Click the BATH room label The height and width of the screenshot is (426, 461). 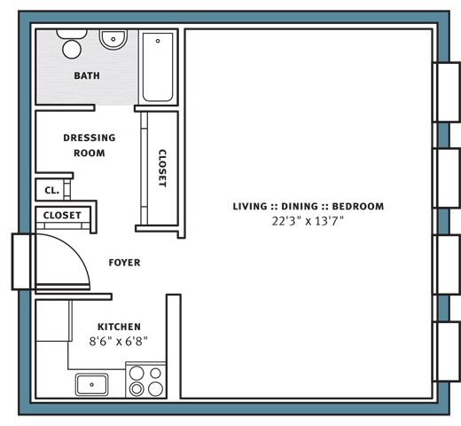click(x=87, y=75)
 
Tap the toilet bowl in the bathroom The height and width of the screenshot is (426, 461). click(x=72, y=49)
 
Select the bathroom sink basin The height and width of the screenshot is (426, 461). click(x=113, y=39)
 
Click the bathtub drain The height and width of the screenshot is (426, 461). click(x=158, y=41)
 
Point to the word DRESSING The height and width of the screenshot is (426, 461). click(x=90, y=138)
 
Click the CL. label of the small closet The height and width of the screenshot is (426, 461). click(x=51, y=190)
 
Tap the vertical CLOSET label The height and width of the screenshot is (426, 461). click(x=162, y=168)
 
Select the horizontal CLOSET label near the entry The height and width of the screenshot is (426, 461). click(x=62, y=215)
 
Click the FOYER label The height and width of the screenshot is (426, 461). click(x=124, y=263)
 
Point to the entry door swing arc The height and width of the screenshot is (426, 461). click(x=75, y=248)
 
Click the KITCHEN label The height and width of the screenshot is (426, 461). click(x=119, y=327)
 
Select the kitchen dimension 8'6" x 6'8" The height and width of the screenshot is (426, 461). click(x=118, y=342)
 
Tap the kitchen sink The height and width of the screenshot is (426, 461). click(x=91, y=384)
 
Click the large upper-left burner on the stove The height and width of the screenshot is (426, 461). click(x=137, y=373)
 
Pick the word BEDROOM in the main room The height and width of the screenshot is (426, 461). click(x=358, y=206)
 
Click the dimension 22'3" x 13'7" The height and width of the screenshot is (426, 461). click(x=308, y=221)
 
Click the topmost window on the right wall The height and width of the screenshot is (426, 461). click(x=447, y=92)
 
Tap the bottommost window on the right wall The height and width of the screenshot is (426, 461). click(x=447, y=351)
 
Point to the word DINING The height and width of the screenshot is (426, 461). click(x=300, y=206)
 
